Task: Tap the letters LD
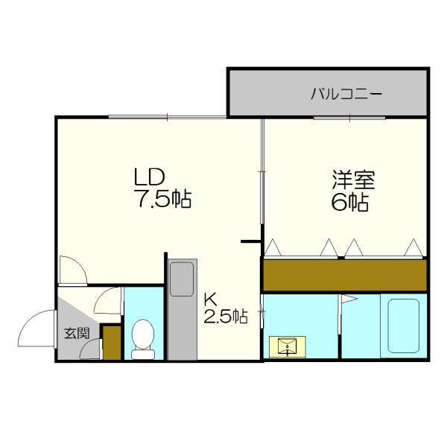pos(149,177)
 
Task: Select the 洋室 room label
pos(353,180)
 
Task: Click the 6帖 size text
pos(350,203)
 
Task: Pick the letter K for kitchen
pos(209,299)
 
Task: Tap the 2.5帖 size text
pos(226,317)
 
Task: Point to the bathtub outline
pos(403,326)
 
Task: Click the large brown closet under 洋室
pos(344,275)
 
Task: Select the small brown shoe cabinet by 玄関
pos(111,343)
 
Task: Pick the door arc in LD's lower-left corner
pos(73,270)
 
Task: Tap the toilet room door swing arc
pos(108,300)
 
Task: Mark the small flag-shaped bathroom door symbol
pos(347,302)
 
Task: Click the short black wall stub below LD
pos(251,241)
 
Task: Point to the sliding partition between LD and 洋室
pos(261,171)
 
